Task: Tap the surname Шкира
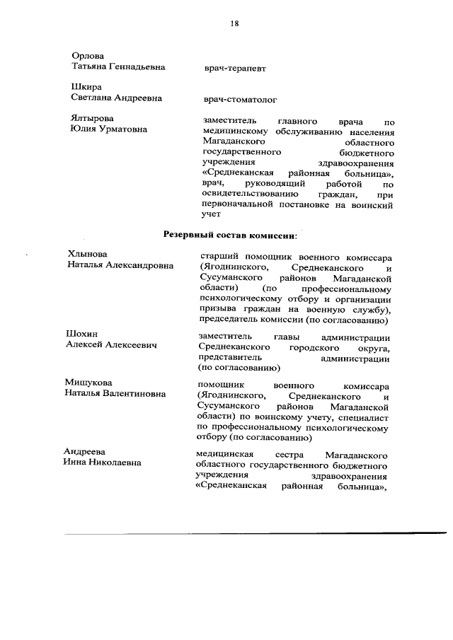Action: point(86,88)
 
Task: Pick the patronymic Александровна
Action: point(142,266)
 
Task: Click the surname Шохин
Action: point(82,333)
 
